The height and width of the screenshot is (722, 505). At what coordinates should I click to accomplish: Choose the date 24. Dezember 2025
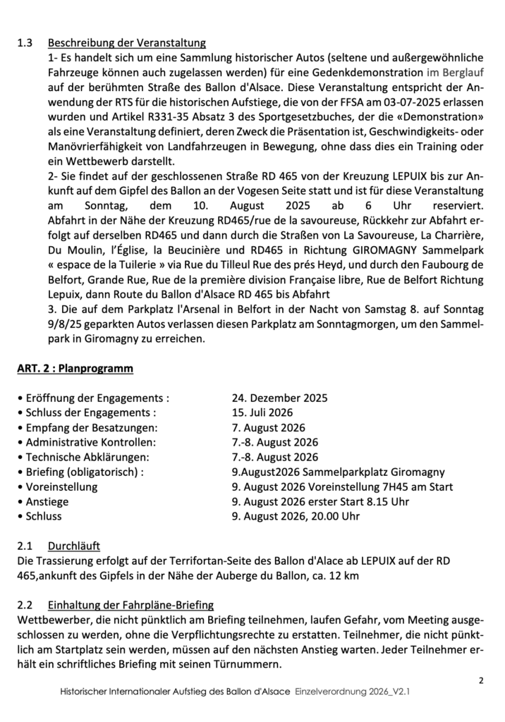(x=279, y=398)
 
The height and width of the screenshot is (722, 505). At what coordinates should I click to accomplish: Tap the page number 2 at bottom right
(x=481, y=680)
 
